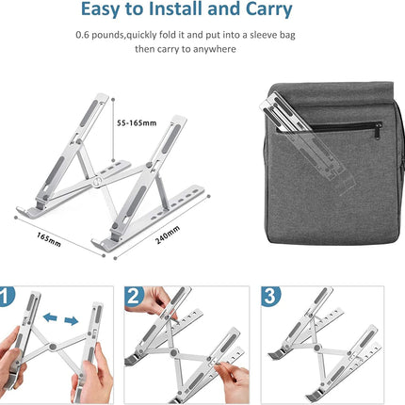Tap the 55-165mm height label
138,122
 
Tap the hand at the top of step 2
160,302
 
